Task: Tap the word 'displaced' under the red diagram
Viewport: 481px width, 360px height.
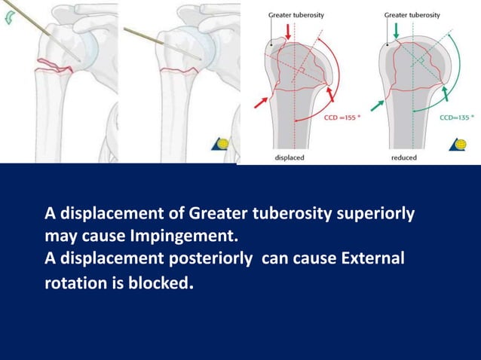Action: [290, 157]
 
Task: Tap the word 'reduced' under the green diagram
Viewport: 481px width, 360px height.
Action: [403, 157]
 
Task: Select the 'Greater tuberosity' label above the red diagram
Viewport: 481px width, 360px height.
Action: [296, 15]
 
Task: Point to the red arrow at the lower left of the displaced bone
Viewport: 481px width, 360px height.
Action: [261, 102]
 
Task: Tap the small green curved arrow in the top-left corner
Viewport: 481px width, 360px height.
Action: [8, 20]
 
